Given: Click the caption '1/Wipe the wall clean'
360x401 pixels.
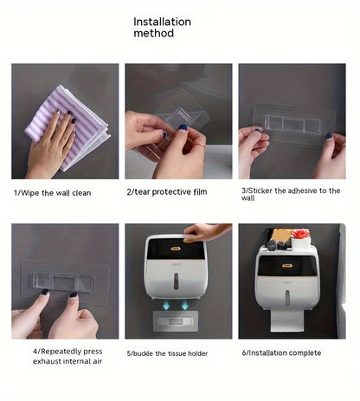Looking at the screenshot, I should tap(52, 192).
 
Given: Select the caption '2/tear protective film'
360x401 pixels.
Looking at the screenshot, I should tap(167, 191).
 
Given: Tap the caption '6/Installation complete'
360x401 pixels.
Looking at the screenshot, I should tap(281, 352).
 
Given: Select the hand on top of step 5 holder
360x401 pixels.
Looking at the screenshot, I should tap(206, 231).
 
